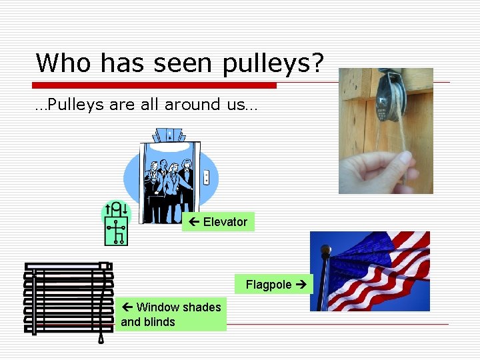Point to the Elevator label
coord(218,222)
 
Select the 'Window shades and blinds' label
coord(171,315)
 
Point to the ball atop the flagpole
coord(325,251)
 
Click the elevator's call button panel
coord(206,177)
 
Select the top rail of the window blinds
coord(67,266)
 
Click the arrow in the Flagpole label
coord(300,285)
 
